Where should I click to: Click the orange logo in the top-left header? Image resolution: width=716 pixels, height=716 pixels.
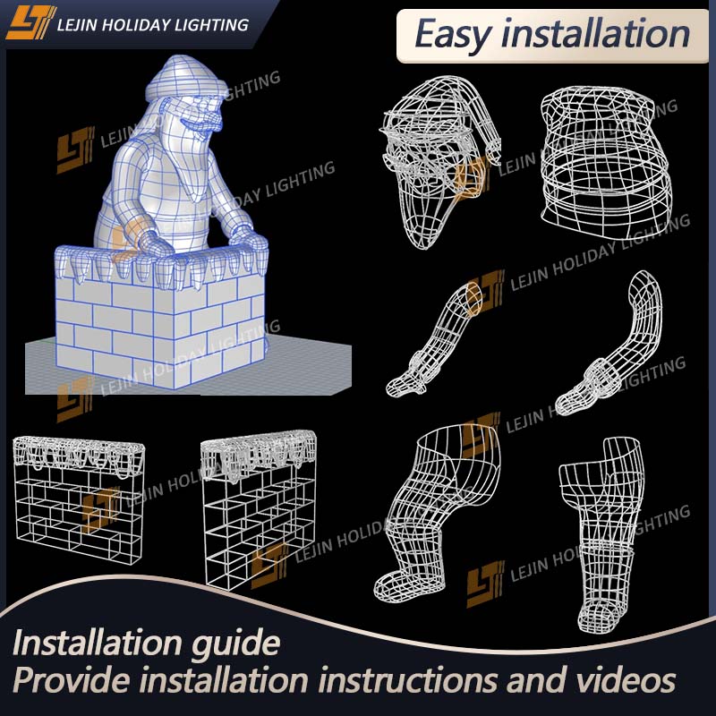coord(30,23)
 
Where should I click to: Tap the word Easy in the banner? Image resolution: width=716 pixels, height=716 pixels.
coord(453,35)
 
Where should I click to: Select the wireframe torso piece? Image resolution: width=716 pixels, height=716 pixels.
coord(605,163)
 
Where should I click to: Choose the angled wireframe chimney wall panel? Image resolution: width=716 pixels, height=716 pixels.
coord(259,509)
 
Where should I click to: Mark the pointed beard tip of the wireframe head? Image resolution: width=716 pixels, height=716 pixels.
coord(423,247)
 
